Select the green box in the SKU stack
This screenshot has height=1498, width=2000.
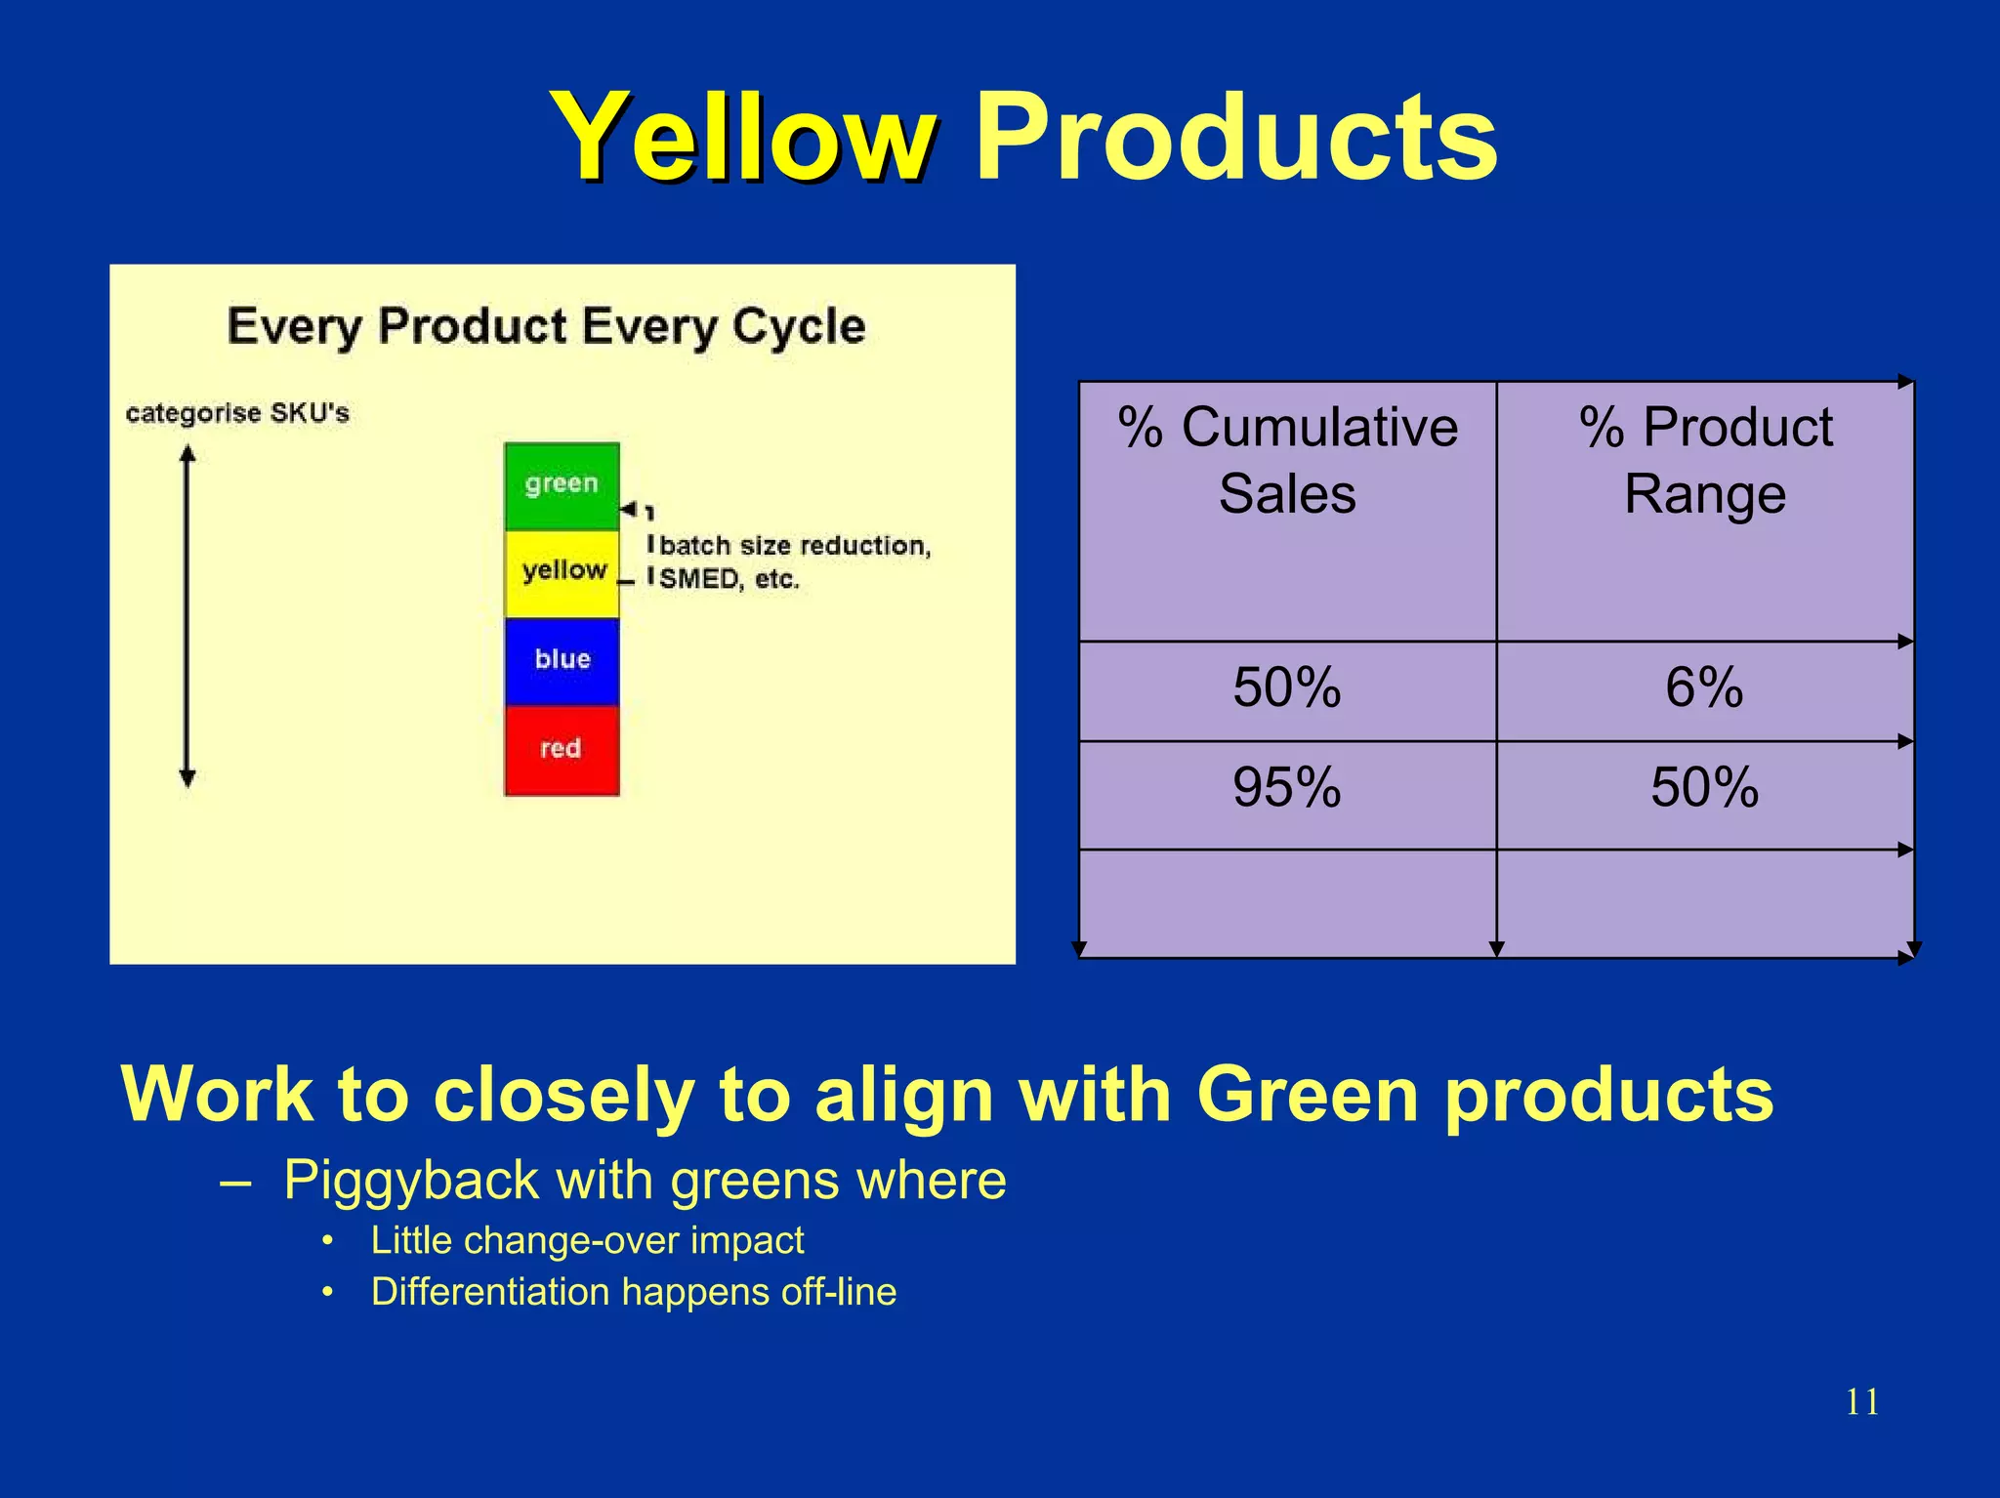[562, 485]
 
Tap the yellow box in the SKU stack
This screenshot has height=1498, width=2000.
[562, 572]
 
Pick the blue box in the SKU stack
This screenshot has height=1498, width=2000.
[562, 660]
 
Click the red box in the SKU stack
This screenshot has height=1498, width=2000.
[562, 749]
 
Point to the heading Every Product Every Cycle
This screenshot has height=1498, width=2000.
[546, 326]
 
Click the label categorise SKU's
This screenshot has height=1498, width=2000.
[237, 413]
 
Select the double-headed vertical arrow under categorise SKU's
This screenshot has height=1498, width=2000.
[187, 615]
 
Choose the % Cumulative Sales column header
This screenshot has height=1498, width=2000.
[1287, 460]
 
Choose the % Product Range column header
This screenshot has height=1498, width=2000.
[1705, 460]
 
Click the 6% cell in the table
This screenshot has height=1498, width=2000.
[1704, 687]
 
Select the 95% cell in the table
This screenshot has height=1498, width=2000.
[1287, 787]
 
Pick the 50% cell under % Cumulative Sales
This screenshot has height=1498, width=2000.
[1287, 687]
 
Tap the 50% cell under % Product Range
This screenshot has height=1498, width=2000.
[1704, 787]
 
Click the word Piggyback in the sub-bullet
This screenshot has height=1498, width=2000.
[410, 1180]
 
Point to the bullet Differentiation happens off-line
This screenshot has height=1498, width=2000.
[633, 1292]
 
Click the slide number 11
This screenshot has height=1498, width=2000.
[1861, 1402]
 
